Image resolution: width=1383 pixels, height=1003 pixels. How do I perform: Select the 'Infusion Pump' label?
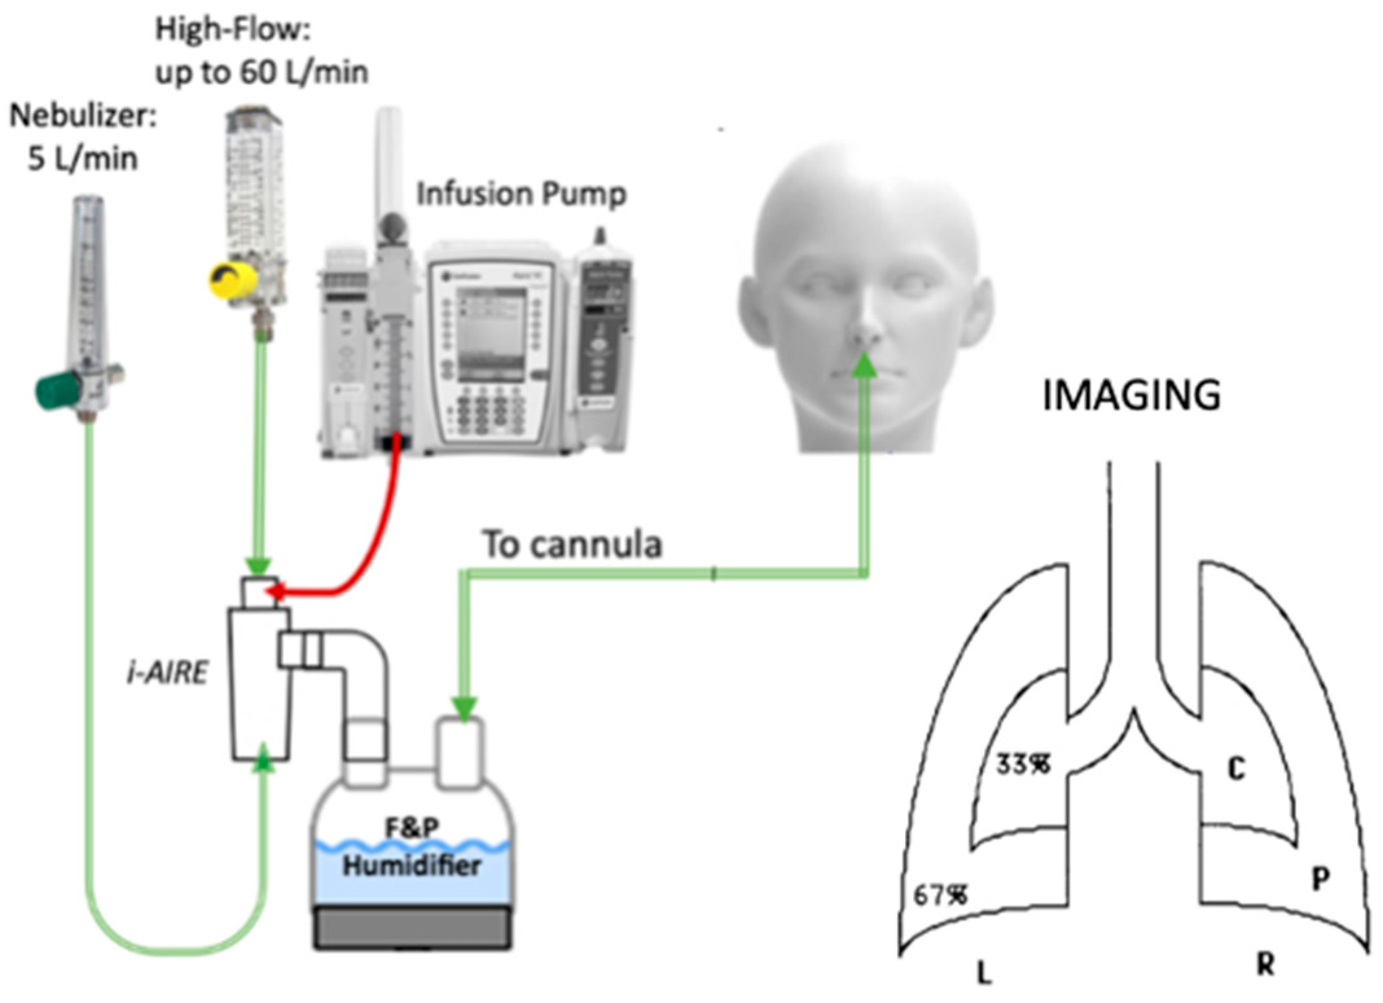click(x=521, y=194)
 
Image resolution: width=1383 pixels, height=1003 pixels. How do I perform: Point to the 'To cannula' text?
click(x=572, y=544)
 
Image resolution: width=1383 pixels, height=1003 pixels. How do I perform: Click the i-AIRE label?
click(x=168, y=674)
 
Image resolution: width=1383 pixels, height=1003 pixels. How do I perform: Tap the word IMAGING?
click(x=1131, y=395)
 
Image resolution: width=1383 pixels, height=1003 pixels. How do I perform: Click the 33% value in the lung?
click(x=1023, y=764)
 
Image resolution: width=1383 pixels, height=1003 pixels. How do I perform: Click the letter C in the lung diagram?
click(x=1236, y=769)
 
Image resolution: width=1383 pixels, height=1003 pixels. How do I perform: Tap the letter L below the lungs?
click(x=984, y=971)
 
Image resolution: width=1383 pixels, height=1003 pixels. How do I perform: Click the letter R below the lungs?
click(x=1265, y=965)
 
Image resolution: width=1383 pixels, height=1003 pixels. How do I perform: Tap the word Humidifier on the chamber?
click(x=412, y=865)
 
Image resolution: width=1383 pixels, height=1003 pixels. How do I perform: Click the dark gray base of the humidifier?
click(x=412, y=927)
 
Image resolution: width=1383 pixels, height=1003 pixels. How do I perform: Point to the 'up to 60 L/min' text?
click(x=262, y=72)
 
